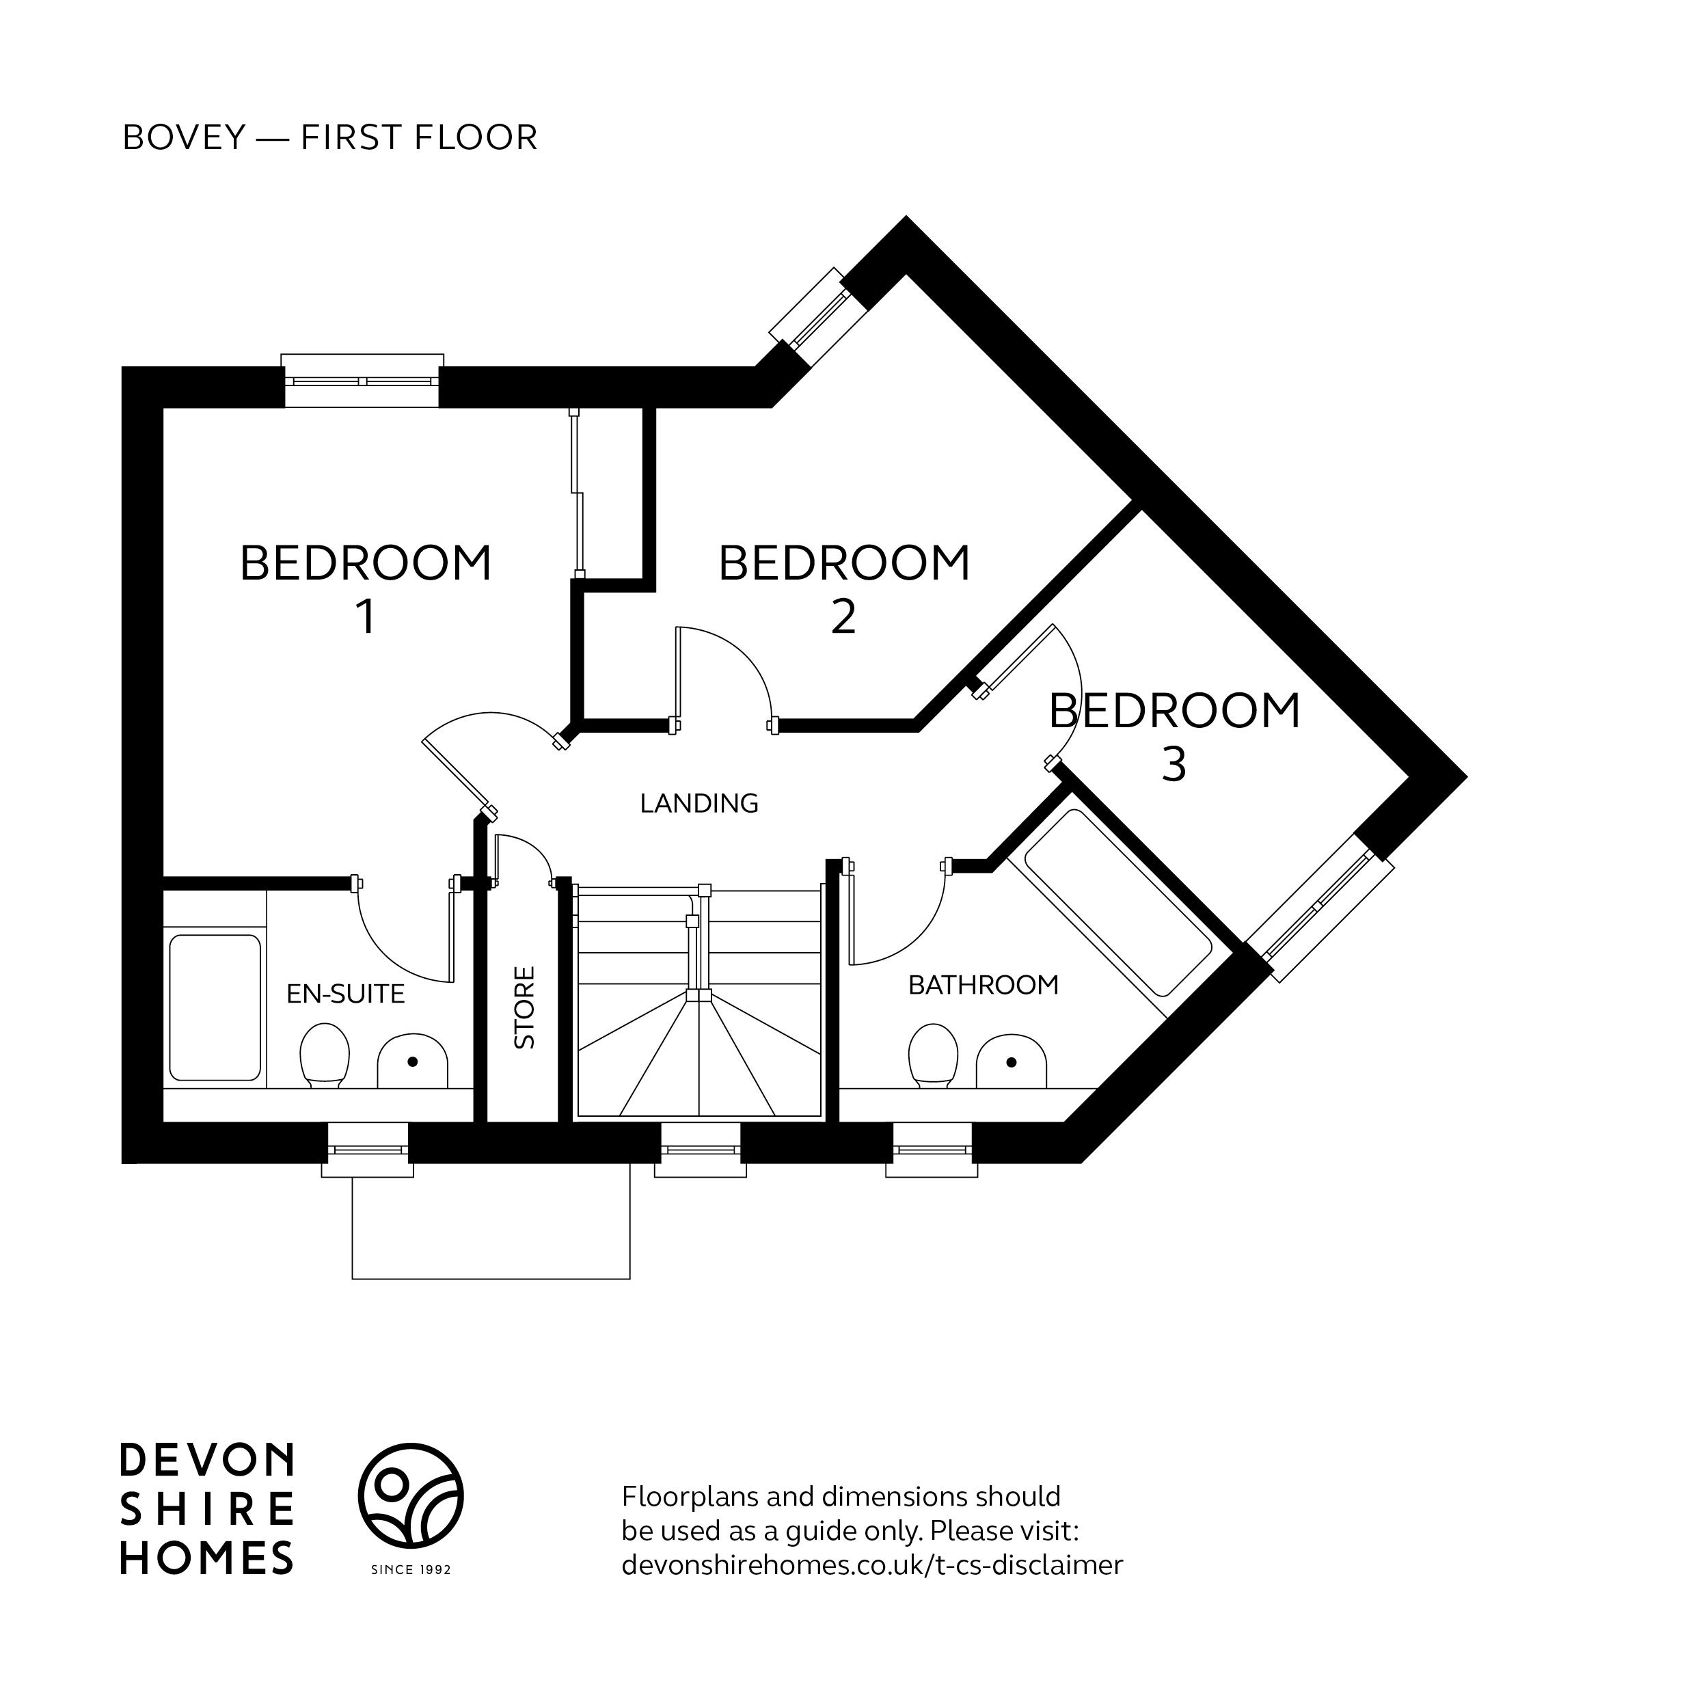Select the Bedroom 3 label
(x=1174, y=735)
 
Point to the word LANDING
(x=699, y=803)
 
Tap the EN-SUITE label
(x=346, y=993)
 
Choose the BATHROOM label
(x=983, y=986)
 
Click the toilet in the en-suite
(x=325, y=1055)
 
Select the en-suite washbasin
(x=412, y=1061)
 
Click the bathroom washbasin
(x=1011, y=1061)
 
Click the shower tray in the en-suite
(x=215, y=1007)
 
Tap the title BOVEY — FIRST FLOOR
(x=330, y=138)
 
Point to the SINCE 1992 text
(x=411, y=1569)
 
